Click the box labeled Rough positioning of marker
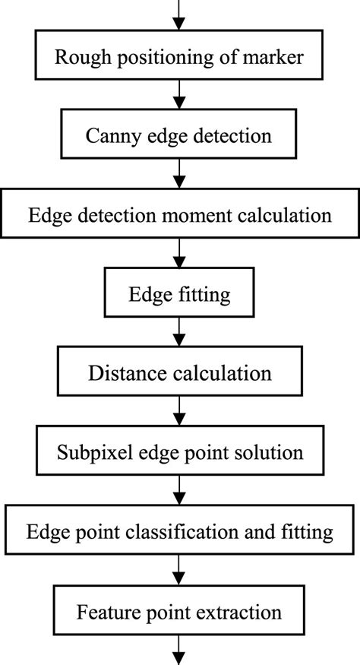[x=179, y=57]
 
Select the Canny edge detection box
[x=179, y=136]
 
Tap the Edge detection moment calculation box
[x=179, y=215]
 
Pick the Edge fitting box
[x=179, y=294]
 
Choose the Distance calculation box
[x=179, y=373]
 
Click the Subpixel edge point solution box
[x=179, y=452]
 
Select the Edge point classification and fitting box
[x=179, y=531]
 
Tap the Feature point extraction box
[x=179, y=610]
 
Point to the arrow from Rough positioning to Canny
[x=179, y=97]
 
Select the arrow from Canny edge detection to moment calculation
[x=179, y=176]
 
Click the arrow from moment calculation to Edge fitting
[x=179, y=255]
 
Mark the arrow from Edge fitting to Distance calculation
[x=179, y=334]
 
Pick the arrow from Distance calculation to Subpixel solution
[x=179, y=413]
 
